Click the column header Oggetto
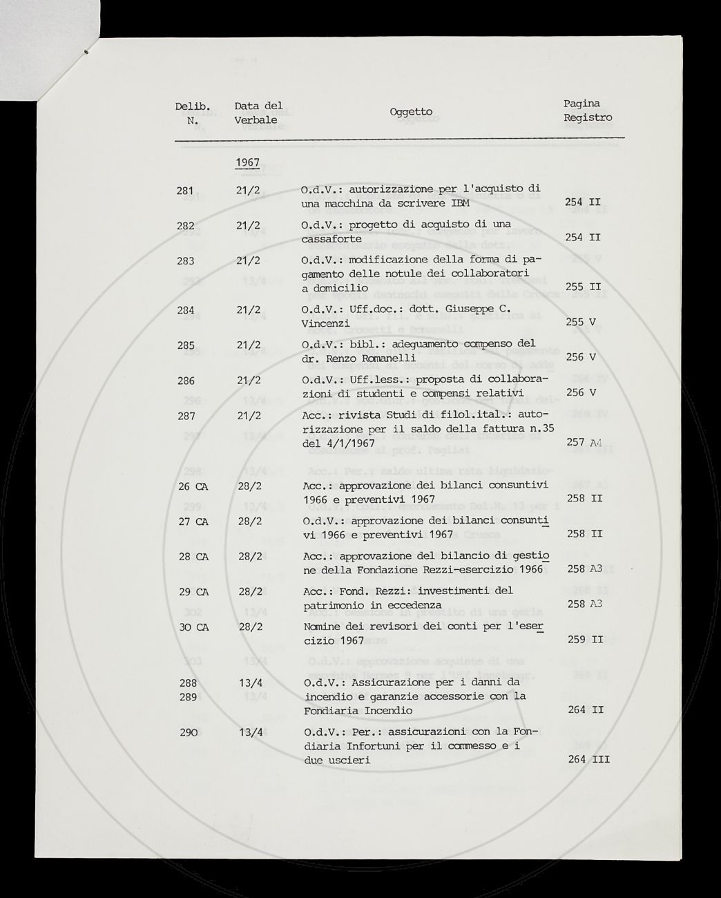tap(411, 112)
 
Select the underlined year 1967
tap(247, 162)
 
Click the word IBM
tap(460, 203)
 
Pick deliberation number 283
tap(185, 261)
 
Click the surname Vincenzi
tap(325, 323)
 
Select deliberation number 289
tap(187, 696)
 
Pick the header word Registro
tap(588, 117)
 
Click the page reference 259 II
tap(584, 640)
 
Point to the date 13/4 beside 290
tap(248, 732)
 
